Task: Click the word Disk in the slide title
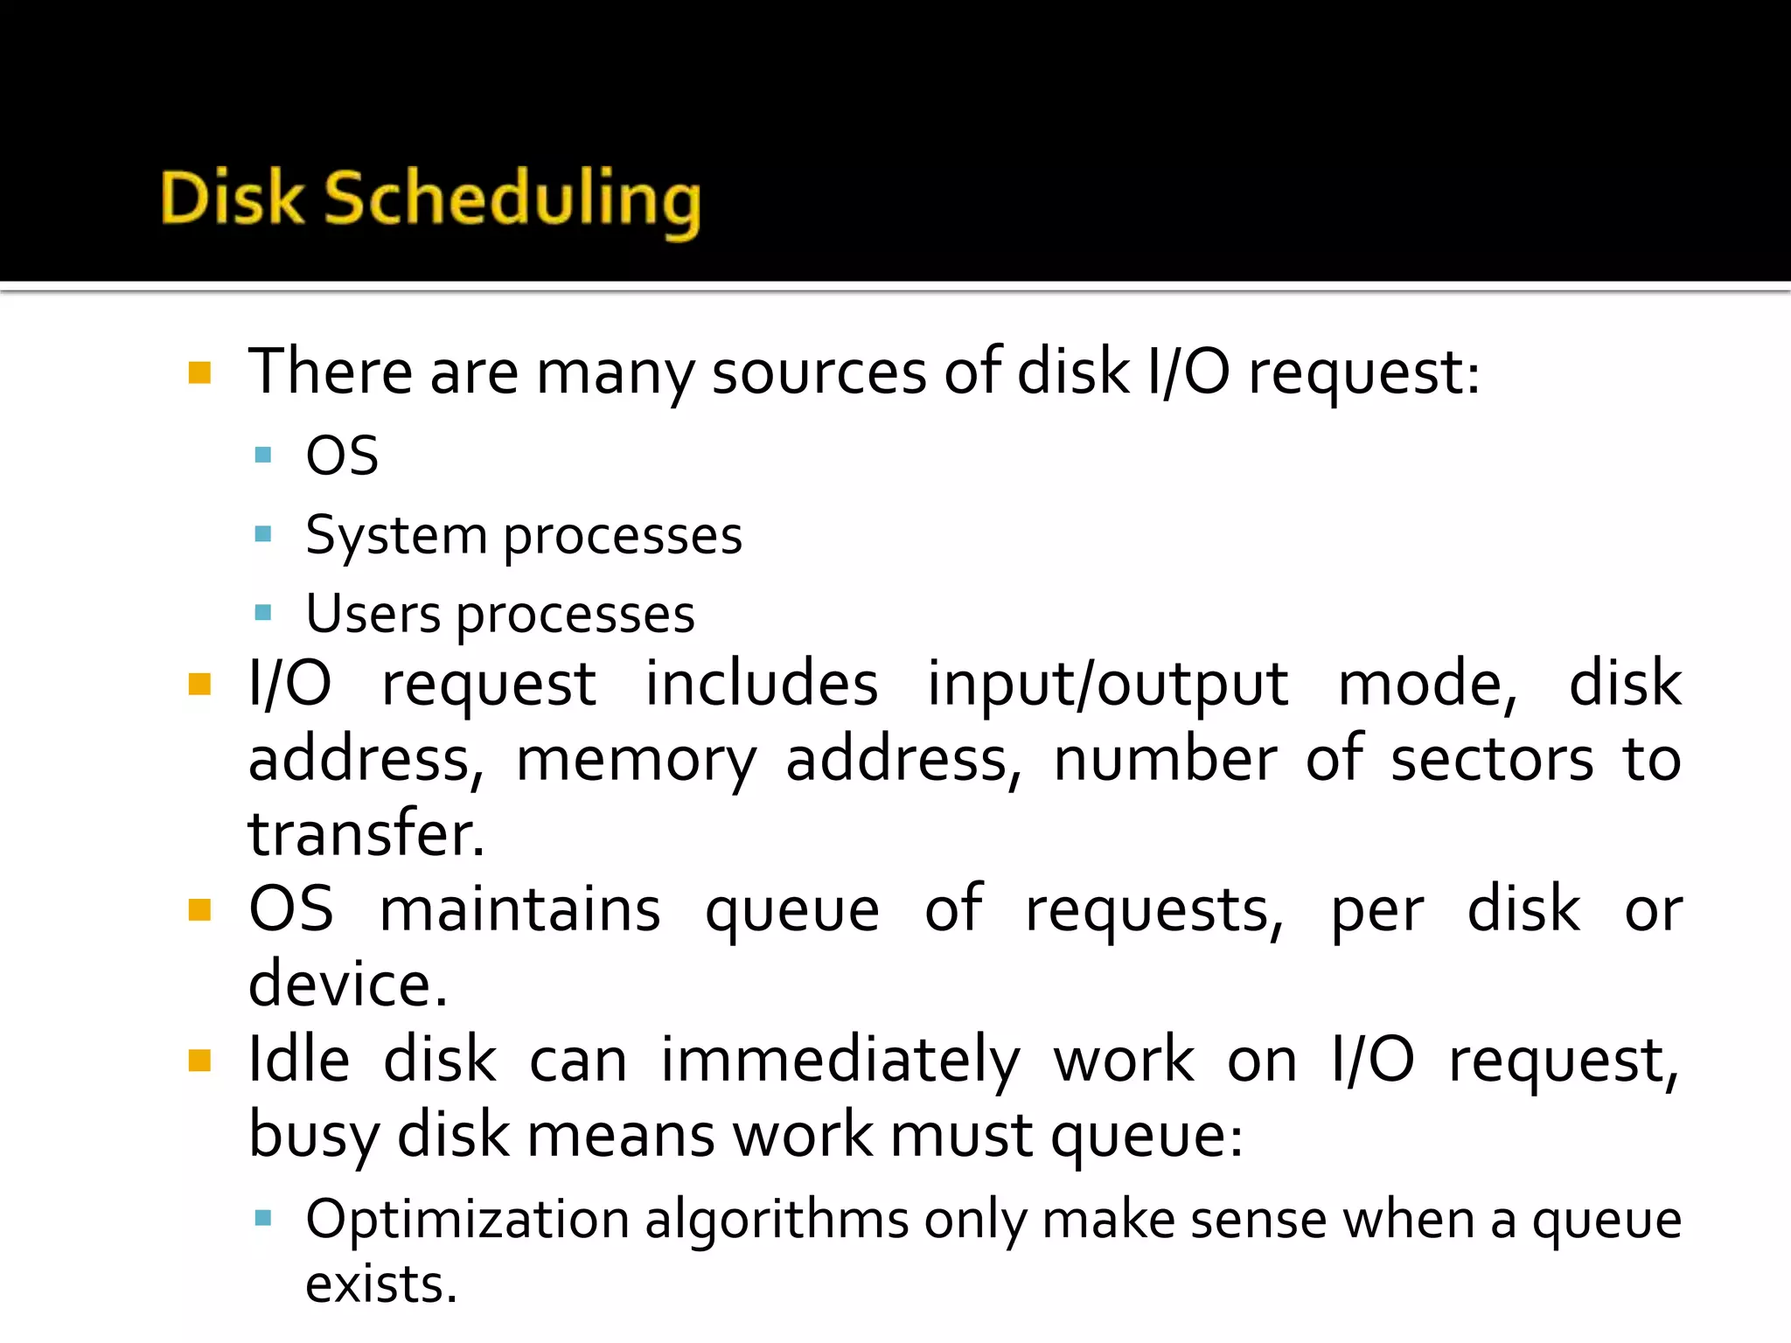(x=232, y=198)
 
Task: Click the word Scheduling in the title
(x=513, y=201)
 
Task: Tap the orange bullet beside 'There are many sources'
(x=200, y=373)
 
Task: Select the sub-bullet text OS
(x=342, y=456)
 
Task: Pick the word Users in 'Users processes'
(x=373, y=614)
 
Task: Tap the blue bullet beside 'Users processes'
(x=263, y=612)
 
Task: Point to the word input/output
(x=1107, y=685)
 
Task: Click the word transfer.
(x=366, y=834)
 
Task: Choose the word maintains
(x=520, y=910)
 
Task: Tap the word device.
(x=347, y=985)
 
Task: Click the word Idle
(x=299, y=1060)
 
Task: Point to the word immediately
(x=840, y=1061)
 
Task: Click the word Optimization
(x=468, y=1221)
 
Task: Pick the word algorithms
(x=777, y=1221)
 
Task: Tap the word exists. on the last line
(x=381, y=1285)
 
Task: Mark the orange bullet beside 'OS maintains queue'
(x=200, y=911)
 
